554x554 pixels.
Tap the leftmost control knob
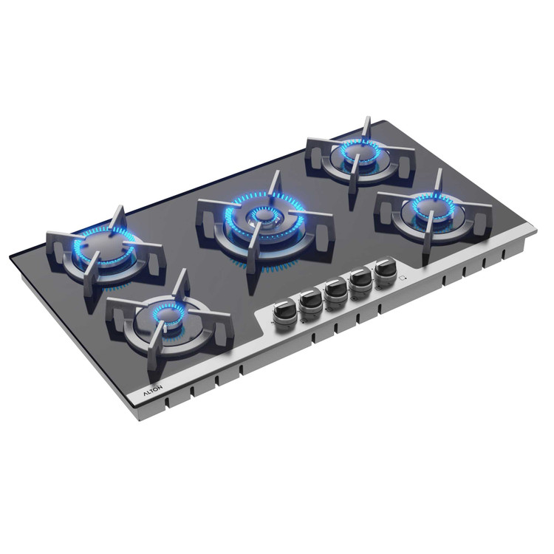coord(284,314)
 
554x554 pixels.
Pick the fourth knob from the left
coord(360,284)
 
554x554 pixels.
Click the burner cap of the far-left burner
coord(103,247)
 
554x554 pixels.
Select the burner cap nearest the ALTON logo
coord(166,314)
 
